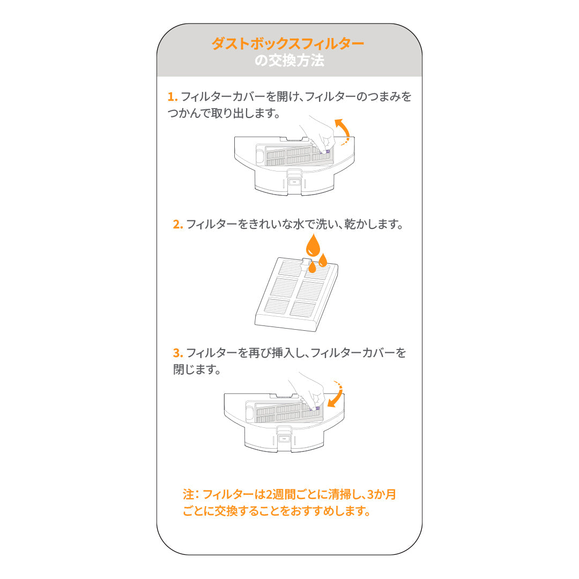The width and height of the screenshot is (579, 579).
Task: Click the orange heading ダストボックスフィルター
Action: (x=288, y=43)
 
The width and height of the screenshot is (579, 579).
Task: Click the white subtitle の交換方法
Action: (x=289, y=61)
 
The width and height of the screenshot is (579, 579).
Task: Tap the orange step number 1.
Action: (x=172, y=97)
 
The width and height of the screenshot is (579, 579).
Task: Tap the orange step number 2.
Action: (x=177, y=224)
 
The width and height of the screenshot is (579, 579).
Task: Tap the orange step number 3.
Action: (x=177, y=353)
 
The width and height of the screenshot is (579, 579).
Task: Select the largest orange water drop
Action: (x=313, y=246)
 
